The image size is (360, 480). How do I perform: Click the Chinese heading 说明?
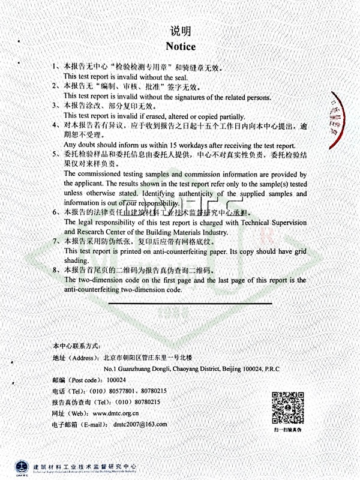coord(180,31)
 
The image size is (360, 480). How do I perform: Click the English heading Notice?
coord(180,46)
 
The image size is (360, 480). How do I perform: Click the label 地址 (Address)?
coord(75,358)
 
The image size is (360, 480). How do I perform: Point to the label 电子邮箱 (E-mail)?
coord(77,424)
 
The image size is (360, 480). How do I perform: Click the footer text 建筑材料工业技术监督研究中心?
coord(84,466)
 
